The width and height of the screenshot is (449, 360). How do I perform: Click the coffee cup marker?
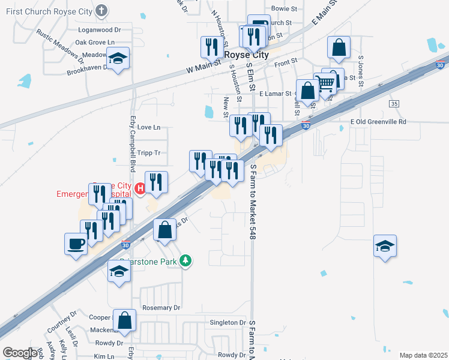click(x=76, y=244)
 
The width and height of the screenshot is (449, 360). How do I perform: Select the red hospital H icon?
click(x=140, y=189)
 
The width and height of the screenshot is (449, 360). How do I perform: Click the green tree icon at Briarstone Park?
click(x=187, y=260)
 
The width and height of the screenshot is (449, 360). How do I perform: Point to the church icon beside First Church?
click(x=102, y=10)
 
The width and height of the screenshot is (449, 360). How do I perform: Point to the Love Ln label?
click(x=149, y=127)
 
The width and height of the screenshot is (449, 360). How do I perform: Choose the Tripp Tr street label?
click(x=149, y=153)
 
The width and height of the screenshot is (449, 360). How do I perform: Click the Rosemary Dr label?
click(x=161, y=308)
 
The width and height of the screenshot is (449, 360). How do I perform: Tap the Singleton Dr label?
click(x=224, y=323)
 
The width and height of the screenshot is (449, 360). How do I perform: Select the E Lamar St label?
click(x=275, y=94)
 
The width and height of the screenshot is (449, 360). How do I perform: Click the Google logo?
click(x=20, y=353)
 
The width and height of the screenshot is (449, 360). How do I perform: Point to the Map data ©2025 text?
click(x=423, y=355)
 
